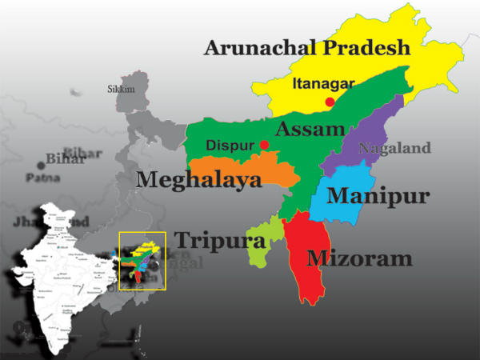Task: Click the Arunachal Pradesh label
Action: (306, 47)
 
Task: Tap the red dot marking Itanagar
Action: (330, 102)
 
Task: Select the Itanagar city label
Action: (323, 83)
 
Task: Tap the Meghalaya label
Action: (199, 180)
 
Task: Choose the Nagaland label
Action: (394, 148)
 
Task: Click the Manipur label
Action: (378, 196)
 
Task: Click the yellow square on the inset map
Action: (142, 261)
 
